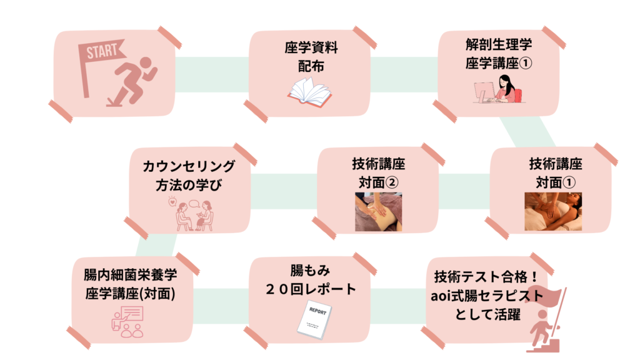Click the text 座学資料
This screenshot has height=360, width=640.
[x=311, y=49]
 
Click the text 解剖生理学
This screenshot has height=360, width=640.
[x=498, y=45]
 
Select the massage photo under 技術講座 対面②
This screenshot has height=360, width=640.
[x=378, y=212]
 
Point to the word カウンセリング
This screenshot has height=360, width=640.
[x=189, y=167]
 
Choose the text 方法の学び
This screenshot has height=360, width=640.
[x=189, y=185]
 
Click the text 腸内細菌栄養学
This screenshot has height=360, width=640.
[x=129, y=276]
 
